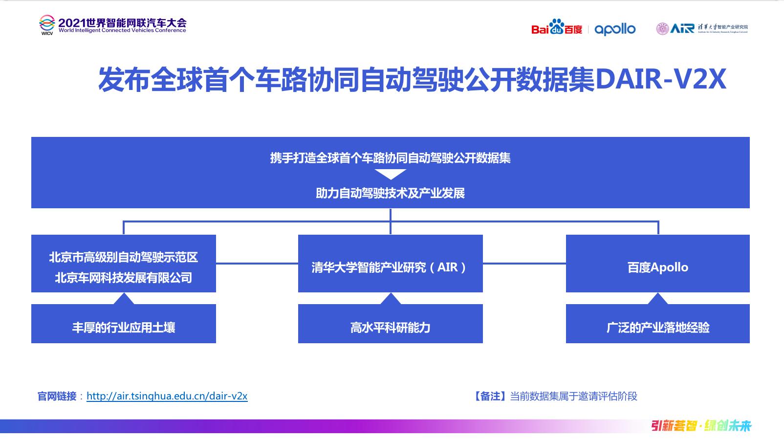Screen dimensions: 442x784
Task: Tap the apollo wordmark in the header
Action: [615, 29]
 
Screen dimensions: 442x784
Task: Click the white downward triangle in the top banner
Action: [391, 174]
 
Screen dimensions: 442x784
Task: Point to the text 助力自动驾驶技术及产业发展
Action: [390, 193]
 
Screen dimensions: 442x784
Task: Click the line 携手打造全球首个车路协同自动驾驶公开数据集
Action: [390, 158]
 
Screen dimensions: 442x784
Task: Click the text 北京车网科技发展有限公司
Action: [123, 278]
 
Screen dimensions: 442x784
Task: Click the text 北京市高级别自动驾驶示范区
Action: [123, 257]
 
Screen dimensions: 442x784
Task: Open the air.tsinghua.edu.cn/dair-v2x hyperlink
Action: [167, 396]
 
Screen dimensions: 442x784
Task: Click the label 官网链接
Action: [57, 396]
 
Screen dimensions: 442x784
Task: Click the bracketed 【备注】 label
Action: [490, 396]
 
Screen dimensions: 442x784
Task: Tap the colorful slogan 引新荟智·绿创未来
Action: [701, 426]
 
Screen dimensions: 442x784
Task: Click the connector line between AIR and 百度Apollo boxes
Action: [524, 264]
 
